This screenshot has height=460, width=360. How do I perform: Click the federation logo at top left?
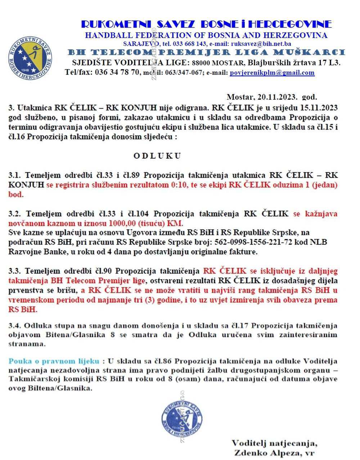pos(30,58)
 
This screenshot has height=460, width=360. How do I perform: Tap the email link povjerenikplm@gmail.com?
pos(272,72)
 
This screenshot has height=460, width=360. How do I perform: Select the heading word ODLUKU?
pos(157,156)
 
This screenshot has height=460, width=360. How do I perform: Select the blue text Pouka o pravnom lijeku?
pos(54,361)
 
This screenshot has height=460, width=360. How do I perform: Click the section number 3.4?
pos(15,326)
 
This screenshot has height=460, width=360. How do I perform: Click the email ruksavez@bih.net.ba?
pos(261,44)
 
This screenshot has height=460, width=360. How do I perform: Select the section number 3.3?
pos(15,271)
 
